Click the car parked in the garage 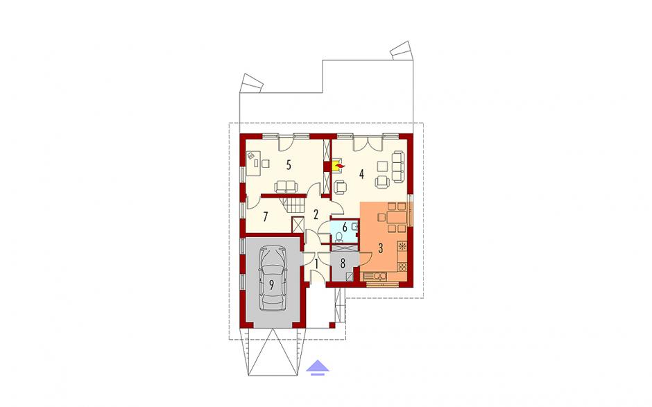pos(273,279)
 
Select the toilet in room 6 pos(340,237)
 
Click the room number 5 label pos(288,165)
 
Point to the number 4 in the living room pos(362,174)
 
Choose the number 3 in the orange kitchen pos(380,248)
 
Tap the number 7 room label pos(265,216)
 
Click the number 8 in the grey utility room pos(343,263)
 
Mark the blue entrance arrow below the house pos(318,367)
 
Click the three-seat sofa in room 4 pos(398,167)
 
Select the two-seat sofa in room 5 pos(286,187)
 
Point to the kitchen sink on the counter pos(375,276)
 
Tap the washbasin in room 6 pos(354,227)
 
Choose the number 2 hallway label pos(316,214)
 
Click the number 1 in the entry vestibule pos(316,263)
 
